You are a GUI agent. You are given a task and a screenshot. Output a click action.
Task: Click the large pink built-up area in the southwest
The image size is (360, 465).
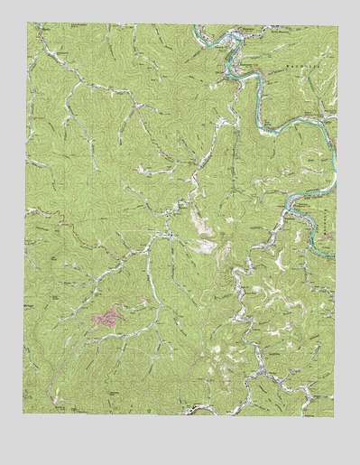(106, 318)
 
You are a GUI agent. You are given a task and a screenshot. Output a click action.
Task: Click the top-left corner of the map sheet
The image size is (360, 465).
(26, 23)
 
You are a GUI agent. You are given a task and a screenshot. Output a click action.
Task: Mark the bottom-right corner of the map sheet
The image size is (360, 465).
(335, 417)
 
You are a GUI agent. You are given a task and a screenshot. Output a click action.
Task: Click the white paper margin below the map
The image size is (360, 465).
(180, 442)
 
